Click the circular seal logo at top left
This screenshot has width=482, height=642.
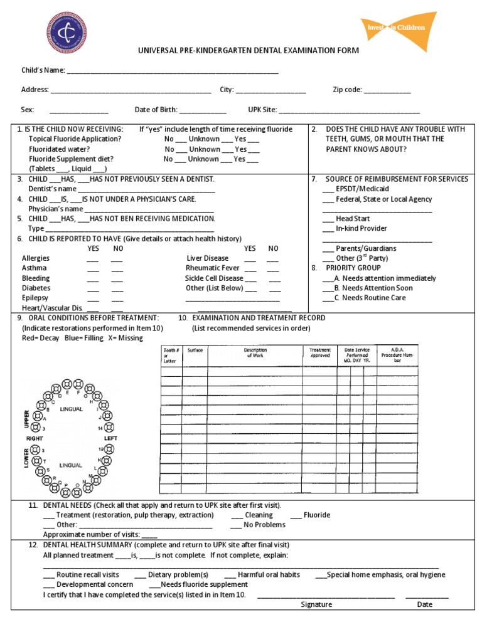pyautogui.click(x=67, y=34)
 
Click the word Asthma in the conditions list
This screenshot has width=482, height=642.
pyautogui.click(x=34, y=268)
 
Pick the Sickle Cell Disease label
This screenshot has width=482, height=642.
pyautogui.click(x=213, y=278)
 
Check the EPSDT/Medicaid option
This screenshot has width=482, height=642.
pyautogui.click(x=328, y=189)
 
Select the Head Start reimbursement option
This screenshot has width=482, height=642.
pyautogui.click(x=328, y=219)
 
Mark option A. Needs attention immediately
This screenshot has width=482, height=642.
pyautogui.click(x=327, y=278)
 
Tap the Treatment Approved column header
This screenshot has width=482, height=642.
pyautogui.click(x=320, y=353)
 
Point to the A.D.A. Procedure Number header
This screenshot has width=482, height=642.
pyautogui.click(x=401, y=355)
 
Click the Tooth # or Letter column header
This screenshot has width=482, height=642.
pyautogui.click(x=171, y=355)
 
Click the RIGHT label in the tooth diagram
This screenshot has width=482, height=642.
pyautogui.click(x=35, y=438)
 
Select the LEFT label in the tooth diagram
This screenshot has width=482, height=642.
pyautogui.click(x=110, y=438)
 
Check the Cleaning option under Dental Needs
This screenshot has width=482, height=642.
pyautogui.click(x=237, y=515)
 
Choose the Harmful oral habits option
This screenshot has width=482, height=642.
pyautogui.click(x=230, y=575)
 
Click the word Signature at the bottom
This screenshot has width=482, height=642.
pyautogui.click(x=316, y=605)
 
